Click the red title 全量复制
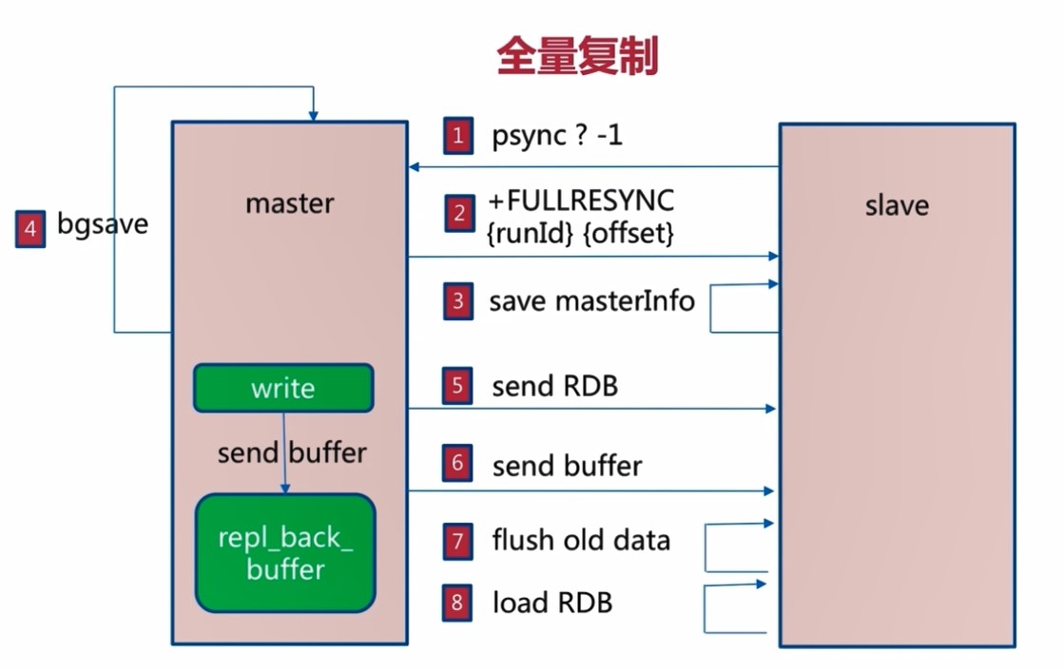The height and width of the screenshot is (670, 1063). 577,58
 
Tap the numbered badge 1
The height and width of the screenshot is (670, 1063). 458,136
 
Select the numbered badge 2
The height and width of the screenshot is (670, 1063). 458,215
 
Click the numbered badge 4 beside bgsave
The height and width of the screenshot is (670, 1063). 30,229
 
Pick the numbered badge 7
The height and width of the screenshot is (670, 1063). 458,542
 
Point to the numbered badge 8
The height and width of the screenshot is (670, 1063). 458,603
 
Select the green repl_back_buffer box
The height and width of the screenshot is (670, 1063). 285,553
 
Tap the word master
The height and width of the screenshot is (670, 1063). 289,203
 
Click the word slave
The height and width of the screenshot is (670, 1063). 897,205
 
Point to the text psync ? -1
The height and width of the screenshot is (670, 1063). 557,136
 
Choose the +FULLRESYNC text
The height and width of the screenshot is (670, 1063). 581,201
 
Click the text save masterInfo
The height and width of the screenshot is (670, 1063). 591,302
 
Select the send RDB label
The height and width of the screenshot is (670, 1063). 554,386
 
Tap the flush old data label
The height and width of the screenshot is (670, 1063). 581,541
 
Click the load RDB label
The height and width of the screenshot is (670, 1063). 551,603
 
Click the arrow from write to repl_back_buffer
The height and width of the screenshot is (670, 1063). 283,452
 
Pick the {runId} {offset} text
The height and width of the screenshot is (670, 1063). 581,232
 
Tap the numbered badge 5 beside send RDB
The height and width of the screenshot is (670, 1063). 458,386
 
